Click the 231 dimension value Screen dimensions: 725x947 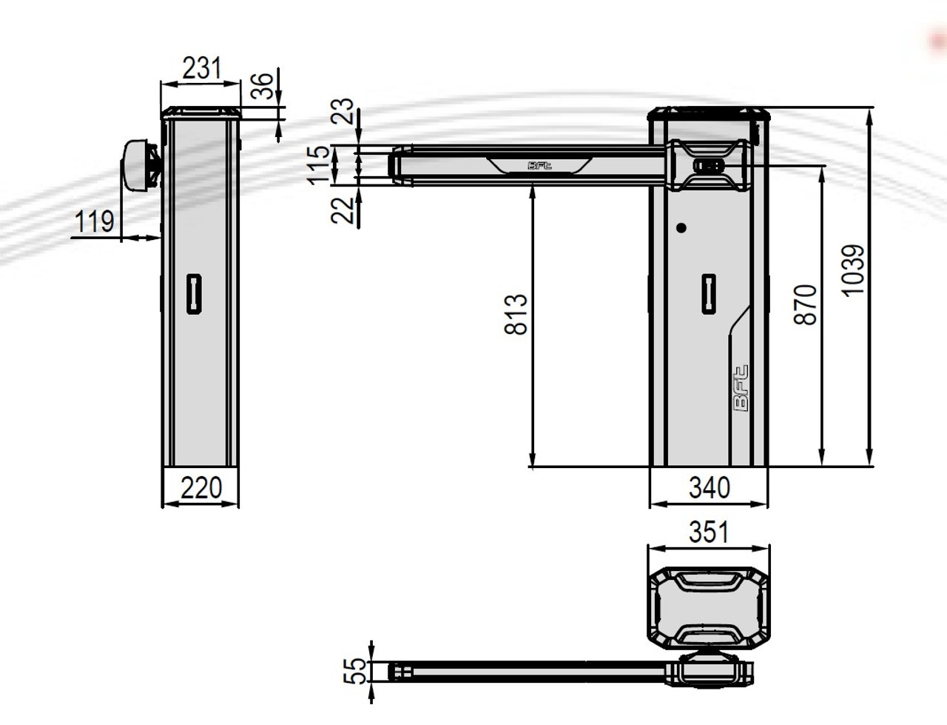tap(201, 68)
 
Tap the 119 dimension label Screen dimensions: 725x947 tap(95, 221)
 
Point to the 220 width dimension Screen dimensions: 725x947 tap(201, 488)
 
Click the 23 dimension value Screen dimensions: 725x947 tap(343, 113)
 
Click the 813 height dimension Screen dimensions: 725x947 tap(516, 314)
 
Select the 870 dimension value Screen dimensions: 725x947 tap(806, 304)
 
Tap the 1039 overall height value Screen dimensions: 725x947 tap(853, 270)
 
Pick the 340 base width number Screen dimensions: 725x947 tap(709, 488)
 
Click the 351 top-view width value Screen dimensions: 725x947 tap(708, 532)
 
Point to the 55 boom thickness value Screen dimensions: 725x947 tap(357, 670)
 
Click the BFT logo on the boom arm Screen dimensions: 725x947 tap(539, 165)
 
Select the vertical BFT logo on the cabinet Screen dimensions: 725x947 tap(741, 389)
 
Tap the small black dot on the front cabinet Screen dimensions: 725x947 tap(681, 228)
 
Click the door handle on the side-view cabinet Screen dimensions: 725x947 tap(194, 293)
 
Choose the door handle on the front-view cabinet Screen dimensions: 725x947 tap(709, 293)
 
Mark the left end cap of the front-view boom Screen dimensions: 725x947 tap(400, 164)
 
